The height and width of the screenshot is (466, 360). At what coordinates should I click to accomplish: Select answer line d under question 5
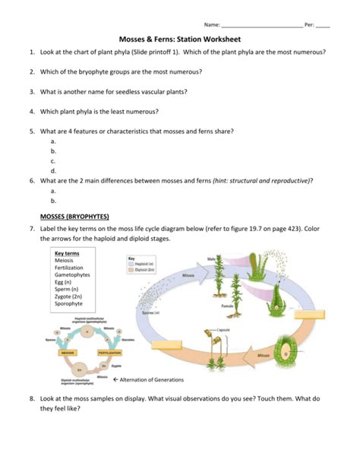pyautogui.click(x=53, y=171)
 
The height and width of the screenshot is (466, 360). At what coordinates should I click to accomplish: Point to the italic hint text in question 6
pyautogui.click(x=262, y=180)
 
